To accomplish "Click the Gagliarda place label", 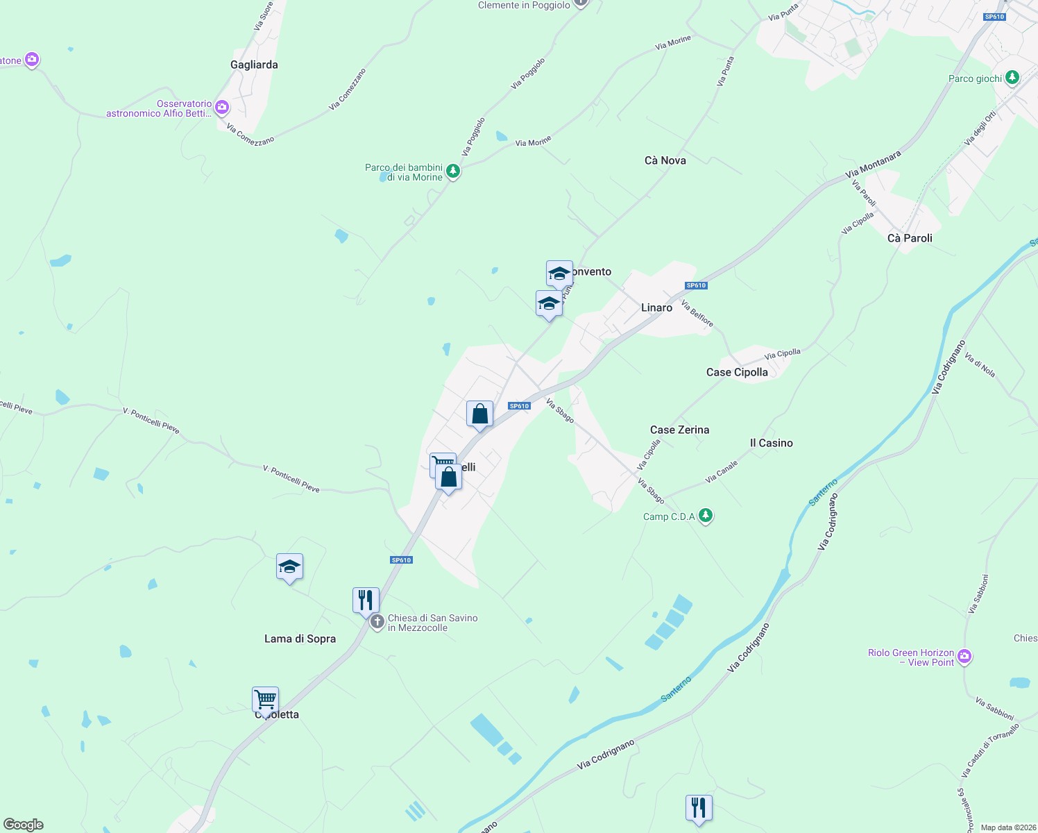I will pos(254,65).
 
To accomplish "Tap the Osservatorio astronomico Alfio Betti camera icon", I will pos(222,107).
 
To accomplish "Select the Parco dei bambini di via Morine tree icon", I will pos(453,170).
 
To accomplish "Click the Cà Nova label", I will pos(665,160).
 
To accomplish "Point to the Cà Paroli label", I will pos(910,238).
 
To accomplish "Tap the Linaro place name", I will pos(656,308).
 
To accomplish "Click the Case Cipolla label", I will pos(737,372).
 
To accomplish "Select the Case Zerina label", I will pos(679,430).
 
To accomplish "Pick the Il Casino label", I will pos(771,443).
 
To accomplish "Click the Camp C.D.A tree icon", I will pos(706,515).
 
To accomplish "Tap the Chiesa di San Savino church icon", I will pos(377,621).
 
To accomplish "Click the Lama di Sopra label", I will pos(300,639).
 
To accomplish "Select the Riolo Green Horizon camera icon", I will pos(964,656).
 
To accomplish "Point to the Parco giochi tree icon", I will pos(1012,77).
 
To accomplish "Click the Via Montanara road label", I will pos(873,165).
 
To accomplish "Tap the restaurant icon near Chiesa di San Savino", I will pos(366,600).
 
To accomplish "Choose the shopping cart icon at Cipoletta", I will pos(265,699).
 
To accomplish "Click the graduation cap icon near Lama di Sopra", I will pos(289,566).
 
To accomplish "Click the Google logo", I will pos(23,825).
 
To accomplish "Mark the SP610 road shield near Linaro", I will pos(696,285).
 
